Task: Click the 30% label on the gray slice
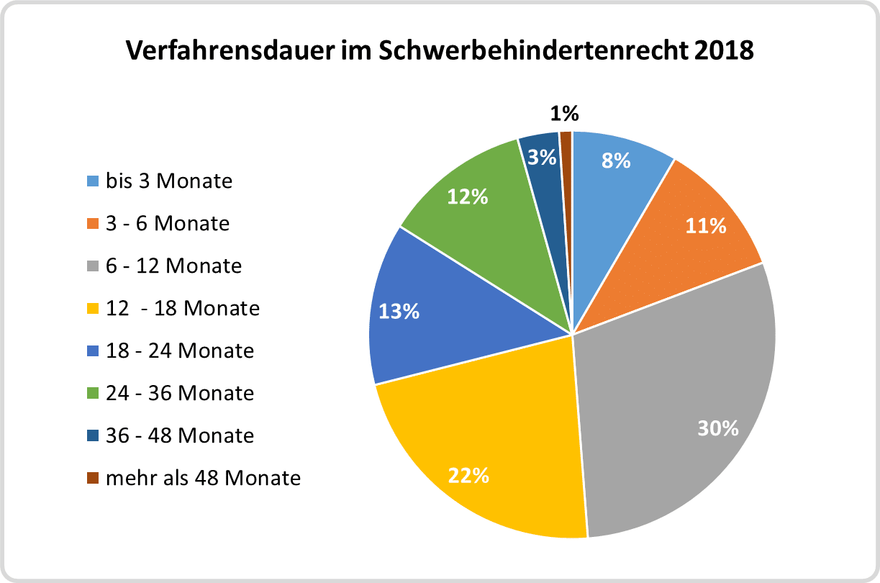(717, 428)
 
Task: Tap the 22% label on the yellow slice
(468, 475)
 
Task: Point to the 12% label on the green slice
(467, 196)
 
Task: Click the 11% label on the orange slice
(705, 226)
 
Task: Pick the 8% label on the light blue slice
(616, 161)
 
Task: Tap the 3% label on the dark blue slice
(542, 157)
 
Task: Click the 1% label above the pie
(565, 114)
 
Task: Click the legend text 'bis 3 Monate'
(169, 181)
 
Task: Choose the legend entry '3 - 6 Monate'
(168, 223)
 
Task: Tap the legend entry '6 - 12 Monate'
(173, 266)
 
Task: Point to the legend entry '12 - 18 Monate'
(182, 308)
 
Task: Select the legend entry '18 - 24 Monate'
(180, 351)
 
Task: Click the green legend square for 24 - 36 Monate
(92, 394)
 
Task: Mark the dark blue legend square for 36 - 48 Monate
(92, 436)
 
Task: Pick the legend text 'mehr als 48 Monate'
(203, 478)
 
